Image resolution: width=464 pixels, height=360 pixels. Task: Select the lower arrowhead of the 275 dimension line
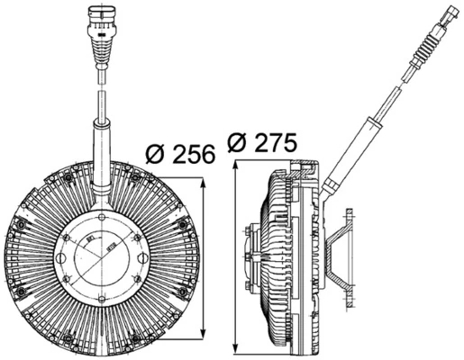pyautogui.click(x=236, y=347)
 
